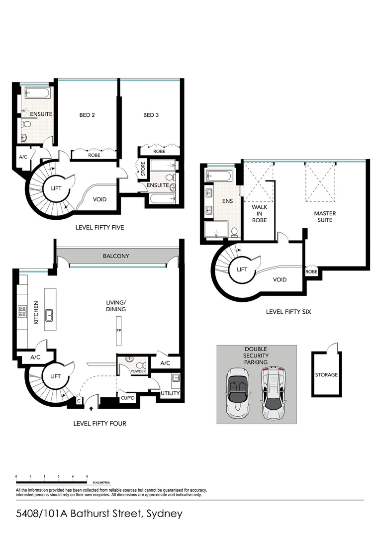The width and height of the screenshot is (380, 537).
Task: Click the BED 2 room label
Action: [x=87, y=115]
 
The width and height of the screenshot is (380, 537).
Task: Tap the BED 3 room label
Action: [x=151, y=115]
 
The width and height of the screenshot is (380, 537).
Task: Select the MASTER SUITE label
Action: [x=325, y=216]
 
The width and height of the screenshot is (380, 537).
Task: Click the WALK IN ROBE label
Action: [x=259, y=213]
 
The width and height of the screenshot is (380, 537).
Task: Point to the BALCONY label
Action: [x=116, y=256]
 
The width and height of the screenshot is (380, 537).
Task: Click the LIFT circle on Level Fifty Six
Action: [x=242, y=269]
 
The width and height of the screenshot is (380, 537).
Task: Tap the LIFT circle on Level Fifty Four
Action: [x=54, y=376]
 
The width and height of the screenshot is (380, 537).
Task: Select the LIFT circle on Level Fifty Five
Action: [x=56, y=188]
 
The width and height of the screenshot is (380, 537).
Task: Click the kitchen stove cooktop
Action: [x=22, y=312]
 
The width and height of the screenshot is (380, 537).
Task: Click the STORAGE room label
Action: [x=326, y=375]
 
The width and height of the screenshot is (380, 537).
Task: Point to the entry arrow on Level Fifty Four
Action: [x=91, y=409]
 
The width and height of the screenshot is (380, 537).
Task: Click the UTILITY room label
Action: [x=170, y=393]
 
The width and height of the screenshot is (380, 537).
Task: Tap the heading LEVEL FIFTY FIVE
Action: [x=99, y=228]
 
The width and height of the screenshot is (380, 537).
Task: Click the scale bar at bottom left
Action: [x=52, y=482]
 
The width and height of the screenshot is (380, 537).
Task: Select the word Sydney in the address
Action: [x=163, y=514]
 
